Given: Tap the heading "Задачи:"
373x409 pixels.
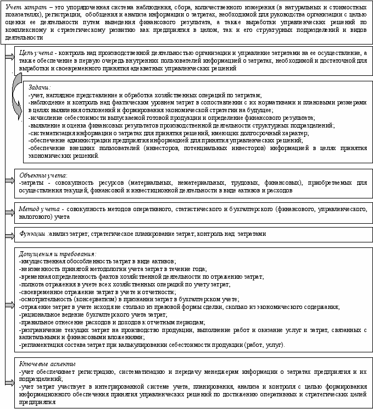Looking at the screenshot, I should coord(39,87).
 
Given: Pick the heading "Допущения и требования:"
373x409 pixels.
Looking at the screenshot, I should coord(57,254).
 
